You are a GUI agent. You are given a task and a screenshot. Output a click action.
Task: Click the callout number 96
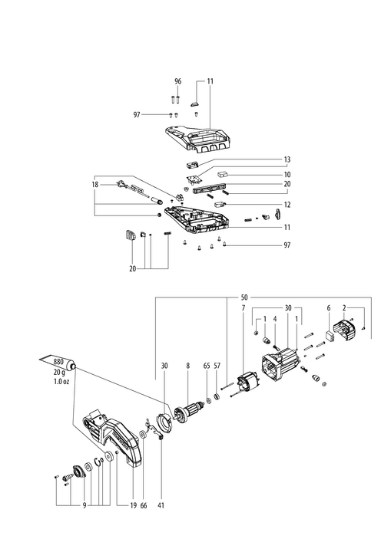coord(178,81)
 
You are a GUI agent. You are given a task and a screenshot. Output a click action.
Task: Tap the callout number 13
coord(287,159)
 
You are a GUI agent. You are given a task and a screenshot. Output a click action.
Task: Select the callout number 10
coord(287,175)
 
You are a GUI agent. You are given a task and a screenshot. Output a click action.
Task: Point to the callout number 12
coord(287,205)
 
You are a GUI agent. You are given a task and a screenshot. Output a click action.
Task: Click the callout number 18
coord(94,185)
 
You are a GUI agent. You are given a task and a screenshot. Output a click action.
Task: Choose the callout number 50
coord(244,297)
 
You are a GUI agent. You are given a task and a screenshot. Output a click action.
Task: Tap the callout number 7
coord(244,308)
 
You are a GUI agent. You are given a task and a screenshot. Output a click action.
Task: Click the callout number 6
coord(329,308)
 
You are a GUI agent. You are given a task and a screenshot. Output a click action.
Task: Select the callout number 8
coord(187,366)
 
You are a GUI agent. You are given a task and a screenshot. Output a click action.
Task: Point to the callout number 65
coord(207,366)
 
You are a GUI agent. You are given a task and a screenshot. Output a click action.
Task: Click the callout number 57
coord(217,366)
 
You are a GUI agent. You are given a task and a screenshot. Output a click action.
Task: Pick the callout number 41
coord(161,505)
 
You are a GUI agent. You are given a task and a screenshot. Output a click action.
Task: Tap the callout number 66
coord(144,505)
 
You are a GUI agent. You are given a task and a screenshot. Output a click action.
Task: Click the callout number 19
coord(133,505)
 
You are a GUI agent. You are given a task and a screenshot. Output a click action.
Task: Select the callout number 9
coord(84,505)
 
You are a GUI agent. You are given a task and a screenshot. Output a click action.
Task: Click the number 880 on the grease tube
coord(58,362)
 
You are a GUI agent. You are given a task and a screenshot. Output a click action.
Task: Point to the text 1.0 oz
coord(61,382)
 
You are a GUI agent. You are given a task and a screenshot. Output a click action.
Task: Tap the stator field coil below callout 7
coord(248,383)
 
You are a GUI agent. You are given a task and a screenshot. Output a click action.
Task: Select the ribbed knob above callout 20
coord(131,235)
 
